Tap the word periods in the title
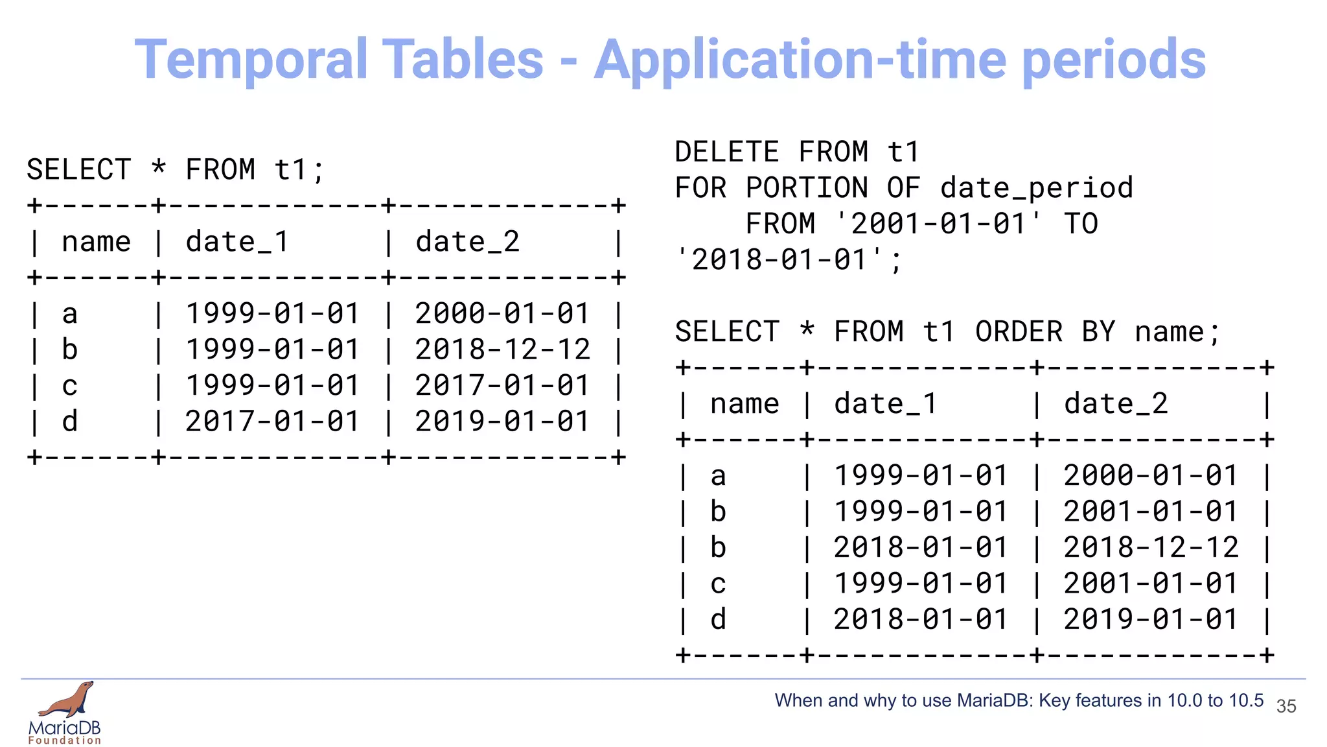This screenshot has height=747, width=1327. point(1114,60)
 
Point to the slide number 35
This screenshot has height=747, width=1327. point(1286,706)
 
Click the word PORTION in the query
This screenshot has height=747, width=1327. point(807,188)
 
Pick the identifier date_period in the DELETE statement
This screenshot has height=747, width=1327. point(1037,188)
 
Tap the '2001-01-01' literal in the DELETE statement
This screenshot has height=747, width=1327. point(939,224)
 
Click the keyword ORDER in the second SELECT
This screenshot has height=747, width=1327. point(1019,332)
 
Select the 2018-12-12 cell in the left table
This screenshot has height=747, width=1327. point(502,350)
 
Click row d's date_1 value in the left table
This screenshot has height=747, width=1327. point(272,421)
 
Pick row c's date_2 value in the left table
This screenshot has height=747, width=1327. point(502,386)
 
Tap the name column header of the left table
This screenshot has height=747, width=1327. point(96,243)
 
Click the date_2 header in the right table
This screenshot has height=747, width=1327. point(1116,404)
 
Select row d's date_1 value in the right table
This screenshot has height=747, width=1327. point(920,619)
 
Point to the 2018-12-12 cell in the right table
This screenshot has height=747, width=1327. point(1150,548)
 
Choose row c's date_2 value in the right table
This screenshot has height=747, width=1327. point(1150,584)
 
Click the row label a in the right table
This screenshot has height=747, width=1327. point(718,477)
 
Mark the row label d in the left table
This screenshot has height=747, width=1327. point(70,421)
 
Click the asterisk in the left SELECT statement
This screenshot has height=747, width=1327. point(159,169)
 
